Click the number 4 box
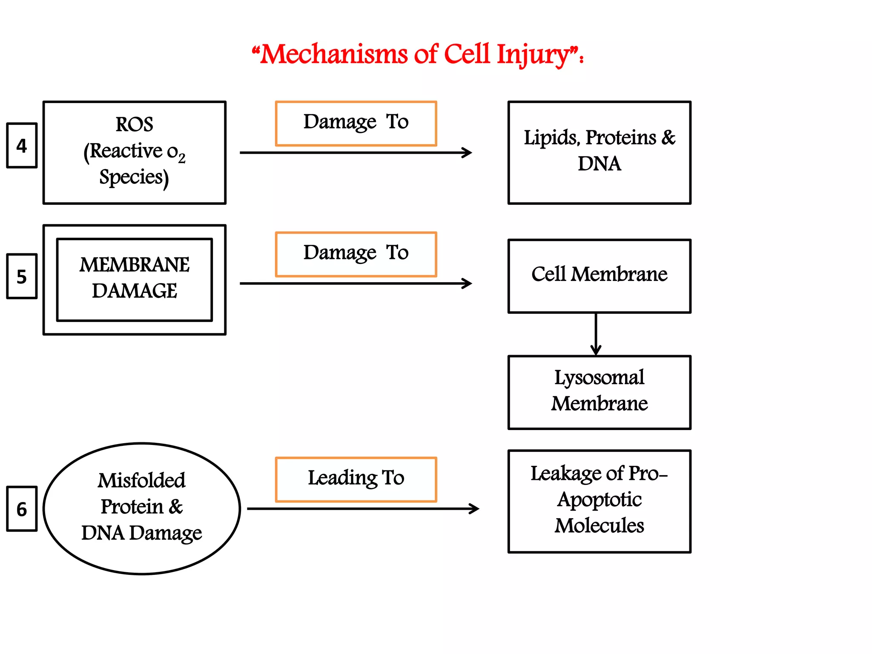pyautogui.click(x=22, y=146)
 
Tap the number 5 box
pyautogui.click(x=22, y=276)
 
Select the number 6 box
pyautogui.click(x=22, y=509)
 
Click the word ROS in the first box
pyautogui.click(x=134, y=124)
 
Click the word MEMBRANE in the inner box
pyautogui.click(x=134, y=264)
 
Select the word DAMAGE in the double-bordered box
pyautogui.click(x=134, y=291)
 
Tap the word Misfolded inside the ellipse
pyautogui.click(x=141, y=480)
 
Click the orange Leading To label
pyautogui.click(x=356, y=479)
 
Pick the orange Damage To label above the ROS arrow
pyautogui.click(x=356, y=123)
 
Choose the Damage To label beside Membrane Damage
pyautogui.click(x=356, y=253)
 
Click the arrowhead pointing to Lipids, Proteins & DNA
pyautogui.click(x=468, y=152)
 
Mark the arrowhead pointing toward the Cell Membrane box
pyautogui.click(x=468, y=283)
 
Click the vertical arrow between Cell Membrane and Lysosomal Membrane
pyautogui.click(x=596, y=334)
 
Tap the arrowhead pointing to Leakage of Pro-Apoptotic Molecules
pyautogui.click(x=475, y=508)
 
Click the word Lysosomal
pyautogui.click(x=599, y=377)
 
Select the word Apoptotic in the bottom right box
pyautogui.click(x=599, y=499)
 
